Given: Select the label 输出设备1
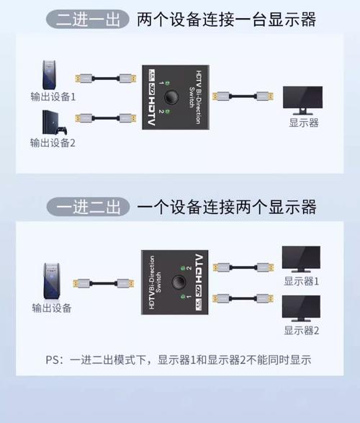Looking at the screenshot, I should point(53,94).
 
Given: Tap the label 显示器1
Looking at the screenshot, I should point(301,281).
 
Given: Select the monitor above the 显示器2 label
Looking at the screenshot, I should point(301,308).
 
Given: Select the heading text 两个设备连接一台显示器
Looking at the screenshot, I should point(226,19).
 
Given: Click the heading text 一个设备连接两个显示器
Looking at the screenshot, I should point(226,208).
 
